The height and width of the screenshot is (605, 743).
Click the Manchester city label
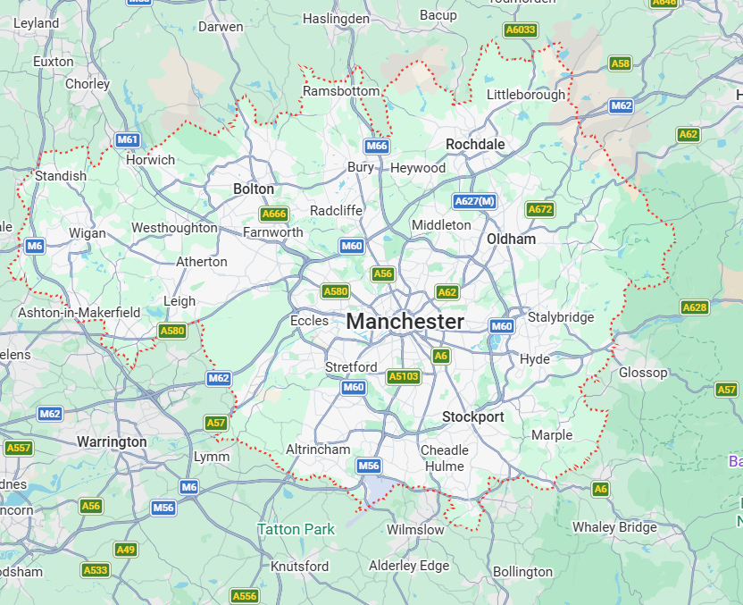[405, 322]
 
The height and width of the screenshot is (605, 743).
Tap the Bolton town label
[254, 189]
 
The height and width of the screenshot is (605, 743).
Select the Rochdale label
[475, 144]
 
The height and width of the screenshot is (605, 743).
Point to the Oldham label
[511, 239]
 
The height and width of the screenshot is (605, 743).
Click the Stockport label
[473, 417]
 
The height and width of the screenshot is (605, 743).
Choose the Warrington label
[112, 442]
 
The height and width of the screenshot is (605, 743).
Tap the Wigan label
[88, 234]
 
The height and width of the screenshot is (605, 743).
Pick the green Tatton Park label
[296, 529]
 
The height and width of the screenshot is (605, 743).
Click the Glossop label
[643, 373]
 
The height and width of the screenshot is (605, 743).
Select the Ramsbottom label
[341, 91]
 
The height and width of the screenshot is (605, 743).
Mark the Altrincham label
[318, 450]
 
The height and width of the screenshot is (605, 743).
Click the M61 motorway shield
[128, 139]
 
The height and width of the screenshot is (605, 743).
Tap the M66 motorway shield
[377, 146]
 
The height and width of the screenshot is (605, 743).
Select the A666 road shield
[274, 214]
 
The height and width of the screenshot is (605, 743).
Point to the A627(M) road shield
[474, 201]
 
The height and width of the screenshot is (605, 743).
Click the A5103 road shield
[404, 377]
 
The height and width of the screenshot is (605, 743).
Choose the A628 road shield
[694, 307]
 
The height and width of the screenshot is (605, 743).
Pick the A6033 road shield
[521, 29]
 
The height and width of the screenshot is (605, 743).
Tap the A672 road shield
[539, 209]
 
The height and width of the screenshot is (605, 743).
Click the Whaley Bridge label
[614, 527]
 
